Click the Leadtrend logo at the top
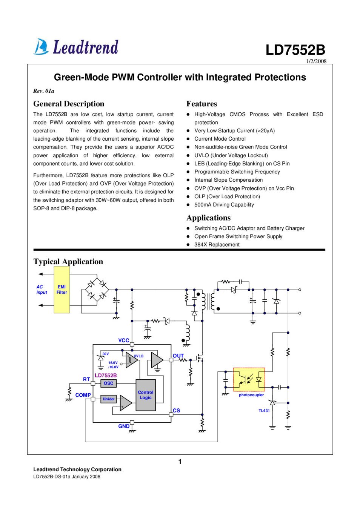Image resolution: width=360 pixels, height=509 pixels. pos(76,47)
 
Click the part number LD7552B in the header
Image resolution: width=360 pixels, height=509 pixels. pos(295,50)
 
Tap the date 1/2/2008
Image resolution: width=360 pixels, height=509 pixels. pos(316,61)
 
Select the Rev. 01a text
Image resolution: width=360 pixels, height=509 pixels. pos(44,91)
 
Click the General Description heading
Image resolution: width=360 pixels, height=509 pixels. pos(69,104)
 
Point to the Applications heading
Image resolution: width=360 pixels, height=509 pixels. pos(208,218)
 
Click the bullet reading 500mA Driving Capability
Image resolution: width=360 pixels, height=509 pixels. pos(224,205)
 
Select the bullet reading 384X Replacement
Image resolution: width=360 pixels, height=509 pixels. pos(217,245)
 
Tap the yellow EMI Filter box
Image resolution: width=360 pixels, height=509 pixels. pos(62,290)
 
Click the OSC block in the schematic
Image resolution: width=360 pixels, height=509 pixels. pos(109,383)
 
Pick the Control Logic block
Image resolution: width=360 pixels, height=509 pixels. pos(146,395)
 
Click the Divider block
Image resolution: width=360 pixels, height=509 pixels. pos(109,399)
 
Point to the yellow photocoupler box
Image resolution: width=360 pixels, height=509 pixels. pos(249,379)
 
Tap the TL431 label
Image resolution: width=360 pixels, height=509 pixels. pos(264,411)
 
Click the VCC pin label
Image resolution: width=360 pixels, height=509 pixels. pos(124,340)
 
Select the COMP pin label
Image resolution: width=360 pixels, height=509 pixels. pos(83,395)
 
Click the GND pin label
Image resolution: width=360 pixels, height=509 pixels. pos(124,426)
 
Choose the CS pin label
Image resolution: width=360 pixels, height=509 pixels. pos(176,411)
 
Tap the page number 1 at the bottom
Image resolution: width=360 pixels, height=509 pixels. pos(180,461)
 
